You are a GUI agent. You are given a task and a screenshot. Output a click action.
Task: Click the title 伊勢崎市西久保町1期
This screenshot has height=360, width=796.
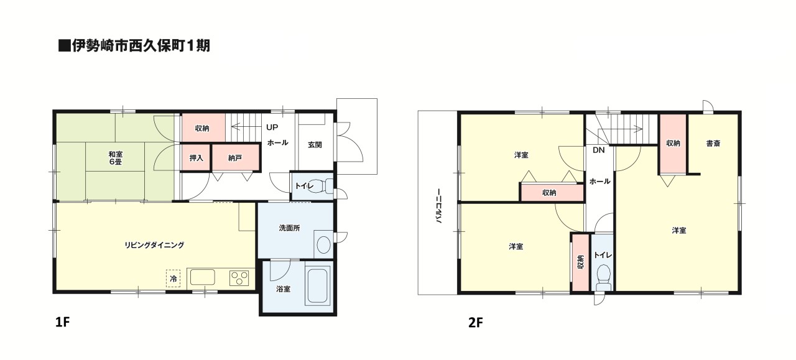click(x=141, y=45)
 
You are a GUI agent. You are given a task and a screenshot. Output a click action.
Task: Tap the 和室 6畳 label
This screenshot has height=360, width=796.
click(x=116, y=158)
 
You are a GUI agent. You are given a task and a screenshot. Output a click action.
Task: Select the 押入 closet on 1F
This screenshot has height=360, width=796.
click(x=196, y=157)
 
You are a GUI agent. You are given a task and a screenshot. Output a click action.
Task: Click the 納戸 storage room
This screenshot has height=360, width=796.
click(x=235, y=157)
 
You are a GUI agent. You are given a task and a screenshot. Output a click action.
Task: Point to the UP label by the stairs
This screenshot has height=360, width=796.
click(x=272, y=127)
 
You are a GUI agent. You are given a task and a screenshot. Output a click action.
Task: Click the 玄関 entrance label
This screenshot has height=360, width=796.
click(x=315, y=145)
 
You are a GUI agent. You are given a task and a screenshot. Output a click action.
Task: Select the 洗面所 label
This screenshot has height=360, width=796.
click(x=289, y=228)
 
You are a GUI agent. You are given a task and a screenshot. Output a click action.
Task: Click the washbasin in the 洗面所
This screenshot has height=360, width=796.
click(x=323, y=244)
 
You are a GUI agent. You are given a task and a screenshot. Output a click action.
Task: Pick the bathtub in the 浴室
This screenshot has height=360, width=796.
click(x=317, y=286)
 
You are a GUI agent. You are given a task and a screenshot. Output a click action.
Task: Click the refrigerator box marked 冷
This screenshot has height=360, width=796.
click(x=173, y=279)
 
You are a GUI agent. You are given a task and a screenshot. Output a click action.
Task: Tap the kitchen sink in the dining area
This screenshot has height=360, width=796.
click(x=203, y=277)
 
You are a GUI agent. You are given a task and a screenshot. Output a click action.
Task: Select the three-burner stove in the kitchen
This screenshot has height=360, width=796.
click(x=239, y=278)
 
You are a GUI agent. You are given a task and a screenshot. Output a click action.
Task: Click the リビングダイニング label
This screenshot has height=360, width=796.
click(x=154, y=245)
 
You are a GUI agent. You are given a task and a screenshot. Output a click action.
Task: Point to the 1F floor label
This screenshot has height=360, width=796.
click(x=63, y=322)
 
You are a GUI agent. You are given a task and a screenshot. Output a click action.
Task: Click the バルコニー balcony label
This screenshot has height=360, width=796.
click(x=438, y=206)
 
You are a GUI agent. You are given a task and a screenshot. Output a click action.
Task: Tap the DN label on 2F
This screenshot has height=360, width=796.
click(x=598, y=150)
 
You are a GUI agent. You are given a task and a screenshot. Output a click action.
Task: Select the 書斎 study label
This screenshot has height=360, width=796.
click(x=713, y=143)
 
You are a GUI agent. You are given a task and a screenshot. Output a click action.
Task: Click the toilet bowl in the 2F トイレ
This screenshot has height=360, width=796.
click(x=603, y=277)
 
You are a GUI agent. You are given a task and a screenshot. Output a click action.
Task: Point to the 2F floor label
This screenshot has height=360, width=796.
click(x=476, y=322)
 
